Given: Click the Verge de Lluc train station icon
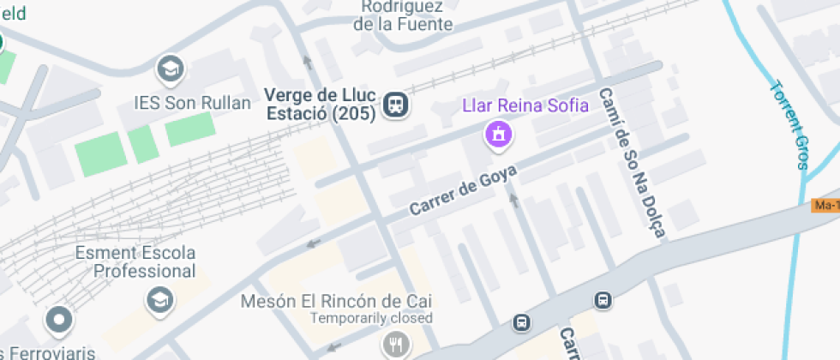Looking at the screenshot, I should [396, 105].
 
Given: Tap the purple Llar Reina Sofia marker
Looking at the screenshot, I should [498, 134].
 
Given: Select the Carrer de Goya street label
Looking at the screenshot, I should [463, 190].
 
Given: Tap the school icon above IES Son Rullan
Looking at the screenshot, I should [169, 68].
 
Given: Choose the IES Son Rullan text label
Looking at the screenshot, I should [193, 103].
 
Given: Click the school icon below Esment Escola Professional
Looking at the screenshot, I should [159, 298].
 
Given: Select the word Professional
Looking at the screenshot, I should [145, 271].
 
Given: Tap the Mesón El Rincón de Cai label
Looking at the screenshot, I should [335, 301].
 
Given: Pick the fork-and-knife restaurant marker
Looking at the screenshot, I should [395, 345].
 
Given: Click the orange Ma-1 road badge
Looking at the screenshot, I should [825, 205].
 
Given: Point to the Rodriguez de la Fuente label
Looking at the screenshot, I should [403, 15].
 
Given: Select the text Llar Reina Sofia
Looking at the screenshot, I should [525, 105].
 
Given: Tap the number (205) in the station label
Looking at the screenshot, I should [352, 112].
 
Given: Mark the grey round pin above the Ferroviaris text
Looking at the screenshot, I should [58, 321].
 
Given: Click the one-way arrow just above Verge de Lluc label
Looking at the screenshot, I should [307, 62].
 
